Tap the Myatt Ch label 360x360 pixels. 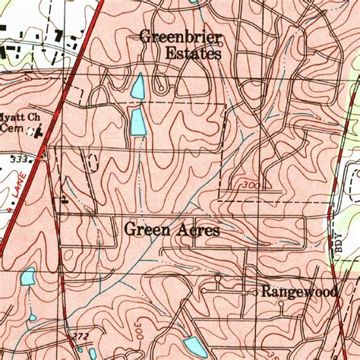(x=17, y=118)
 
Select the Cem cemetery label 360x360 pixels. (x=12, y=130)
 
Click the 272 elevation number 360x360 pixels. (x=81, y=335)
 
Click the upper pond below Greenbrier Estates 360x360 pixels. (x=137, y=87)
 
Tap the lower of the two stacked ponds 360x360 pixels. (x=138, y=122)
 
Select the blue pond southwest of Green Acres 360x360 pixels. (x=27, y=276)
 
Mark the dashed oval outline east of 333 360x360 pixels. (x=93, y=162)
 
